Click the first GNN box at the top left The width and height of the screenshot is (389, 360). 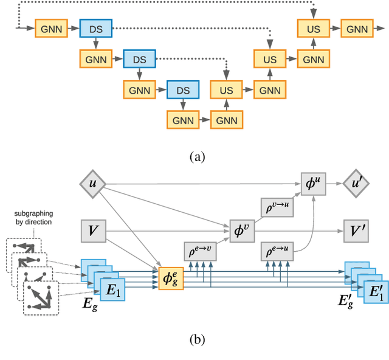[x=52, y=28]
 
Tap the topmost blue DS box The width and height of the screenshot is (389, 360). [x=95, y=28]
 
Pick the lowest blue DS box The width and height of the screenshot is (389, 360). [x=183, y=89]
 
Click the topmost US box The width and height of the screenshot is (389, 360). [x=314, y=28]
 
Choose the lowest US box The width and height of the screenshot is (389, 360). [x=226, y=89]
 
